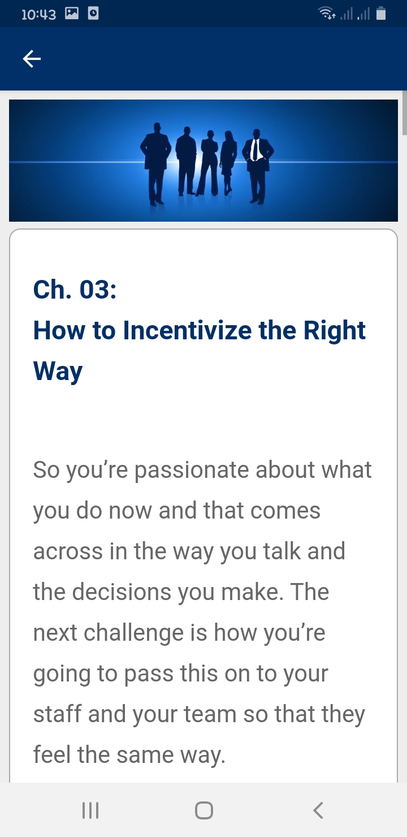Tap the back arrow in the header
point(32,59)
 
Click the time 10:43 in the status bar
point(38,15)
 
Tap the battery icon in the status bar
point(381,14)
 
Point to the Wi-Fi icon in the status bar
point(326,14)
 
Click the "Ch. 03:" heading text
point(75,290)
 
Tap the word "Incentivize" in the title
point(187,330)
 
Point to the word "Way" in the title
point(58,372)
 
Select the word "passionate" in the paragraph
point(192,470)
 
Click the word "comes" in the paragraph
point(285,511)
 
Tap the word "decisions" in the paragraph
point(122,592)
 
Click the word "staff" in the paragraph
point(57,714)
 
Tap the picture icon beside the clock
point(72,14)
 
